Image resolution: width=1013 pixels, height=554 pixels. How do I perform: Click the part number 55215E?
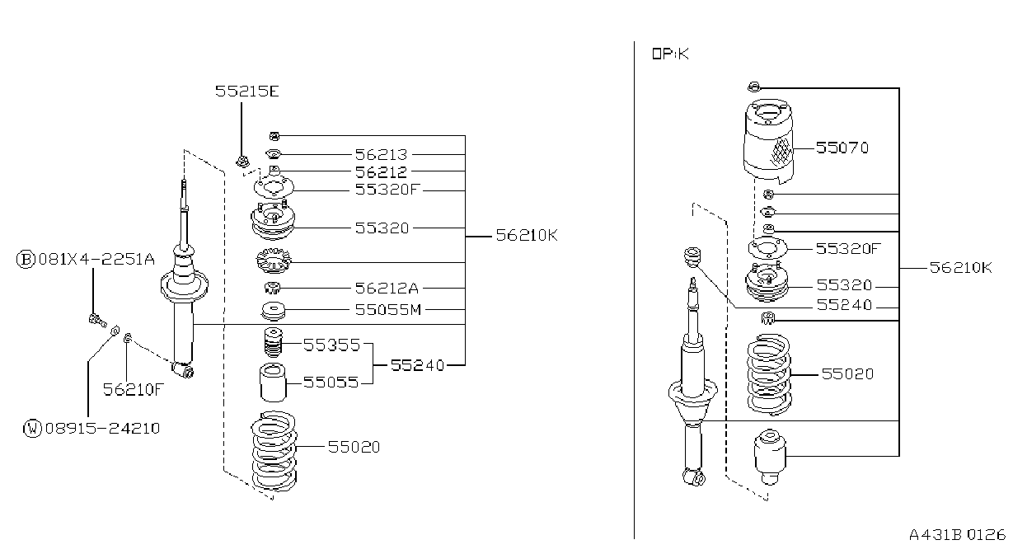click(x=247, y=92)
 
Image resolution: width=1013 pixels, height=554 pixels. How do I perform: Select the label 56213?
click(x=382, y=155)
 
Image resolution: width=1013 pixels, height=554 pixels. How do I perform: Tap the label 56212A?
click(x=387, y=288)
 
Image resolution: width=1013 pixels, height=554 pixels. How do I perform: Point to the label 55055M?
click(x=388, y=310)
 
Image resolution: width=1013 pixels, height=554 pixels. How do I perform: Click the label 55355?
click(x=331, y=345)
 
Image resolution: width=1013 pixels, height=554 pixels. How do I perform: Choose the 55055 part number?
click(x=331, y=383)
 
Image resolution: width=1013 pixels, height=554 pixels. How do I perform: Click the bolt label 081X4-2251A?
click(x=96, y=260)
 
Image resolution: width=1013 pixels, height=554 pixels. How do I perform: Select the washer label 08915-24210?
click(x=103, y=428)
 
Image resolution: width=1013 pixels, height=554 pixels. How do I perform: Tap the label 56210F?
click(x=133, y=389)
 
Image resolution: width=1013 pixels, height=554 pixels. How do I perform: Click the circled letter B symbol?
click(x=26, y=260)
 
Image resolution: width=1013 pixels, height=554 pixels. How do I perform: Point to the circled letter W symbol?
click(x=32, y=428)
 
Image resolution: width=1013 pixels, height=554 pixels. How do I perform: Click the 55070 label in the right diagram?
click(x=842, y=148)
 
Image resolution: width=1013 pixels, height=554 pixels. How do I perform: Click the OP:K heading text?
click(x=670, y=54)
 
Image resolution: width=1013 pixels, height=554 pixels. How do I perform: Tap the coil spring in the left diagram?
click(x=274, y=451)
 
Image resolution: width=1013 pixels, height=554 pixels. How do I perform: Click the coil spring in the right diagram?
click(x=769, y=374)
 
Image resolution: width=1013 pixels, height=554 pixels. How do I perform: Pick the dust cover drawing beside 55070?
click(x=768, y=141)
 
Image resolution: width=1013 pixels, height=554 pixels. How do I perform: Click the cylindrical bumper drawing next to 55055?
click(x=273, y=383)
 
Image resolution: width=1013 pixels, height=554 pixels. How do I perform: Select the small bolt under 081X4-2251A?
click(x=98, y=321)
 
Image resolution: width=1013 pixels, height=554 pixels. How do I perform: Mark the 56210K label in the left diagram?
click(x=527, y=236)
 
